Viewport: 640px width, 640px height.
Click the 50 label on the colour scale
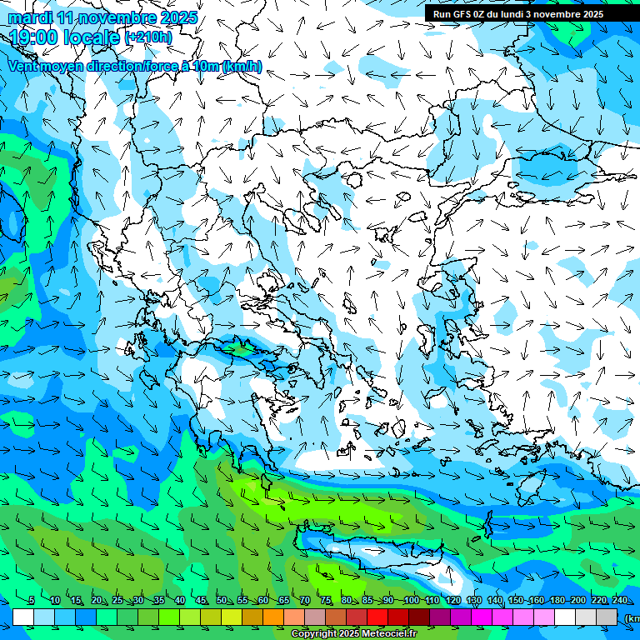coord(222,601)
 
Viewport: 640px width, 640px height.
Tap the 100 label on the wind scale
coord(411,601)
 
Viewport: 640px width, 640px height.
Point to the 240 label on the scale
coord(619,601)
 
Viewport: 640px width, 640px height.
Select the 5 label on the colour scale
coord(32,601)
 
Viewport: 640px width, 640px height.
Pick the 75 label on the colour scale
coord(326,601)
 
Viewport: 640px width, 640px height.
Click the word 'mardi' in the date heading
coord(30,17)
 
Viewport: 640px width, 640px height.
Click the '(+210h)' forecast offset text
coord(148,37)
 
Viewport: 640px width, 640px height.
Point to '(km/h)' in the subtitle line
coord(242,67)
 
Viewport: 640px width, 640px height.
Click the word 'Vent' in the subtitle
coord(23,67)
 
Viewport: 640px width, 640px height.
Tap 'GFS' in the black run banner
coord(462,14)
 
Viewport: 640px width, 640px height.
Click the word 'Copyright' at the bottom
coord(315,634)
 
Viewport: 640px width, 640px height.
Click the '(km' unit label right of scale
coord(632,618)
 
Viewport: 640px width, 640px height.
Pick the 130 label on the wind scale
coord(473,601)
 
